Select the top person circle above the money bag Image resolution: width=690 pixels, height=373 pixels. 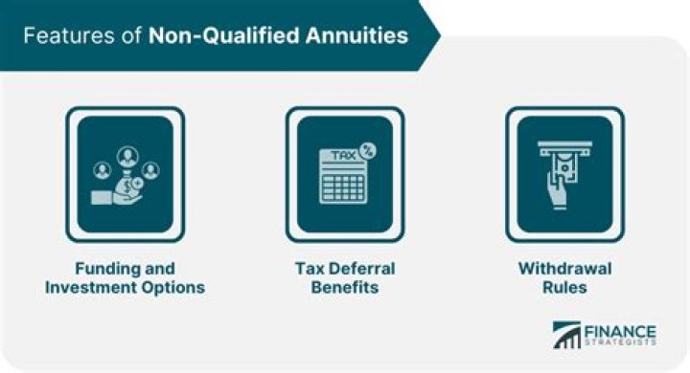coord(125,153)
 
